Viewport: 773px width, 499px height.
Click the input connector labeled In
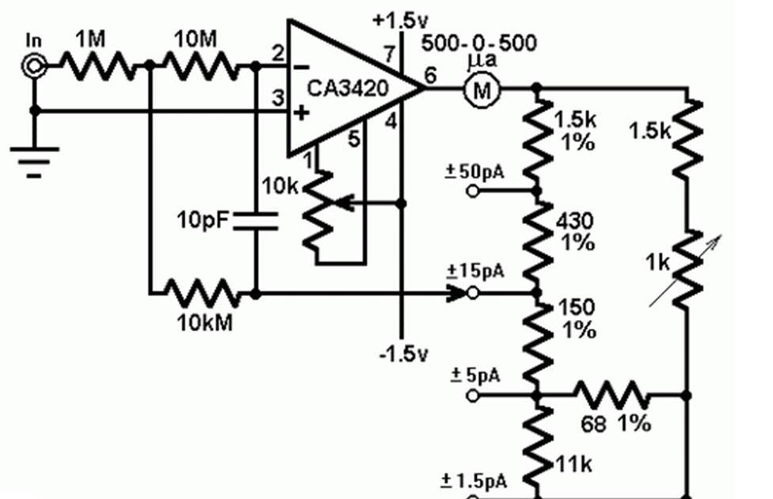pyautogui.click(x=33, y=67)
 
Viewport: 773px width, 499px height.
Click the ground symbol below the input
pyautogui.click(x=33, y=158)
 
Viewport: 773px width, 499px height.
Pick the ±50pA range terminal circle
pyautogui.click(x=474, y=191)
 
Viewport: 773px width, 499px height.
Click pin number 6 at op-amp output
pyautogui.click(x=431, y=75)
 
